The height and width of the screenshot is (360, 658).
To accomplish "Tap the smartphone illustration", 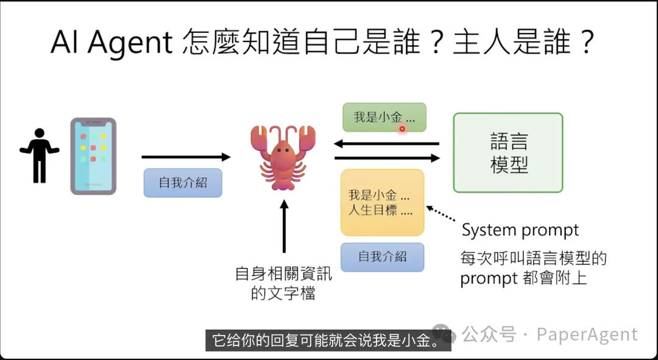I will coord(93,156).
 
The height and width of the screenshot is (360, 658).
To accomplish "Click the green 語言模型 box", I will coord(508,152).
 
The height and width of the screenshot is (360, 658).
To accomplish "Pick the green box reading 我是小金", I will coord(384,118).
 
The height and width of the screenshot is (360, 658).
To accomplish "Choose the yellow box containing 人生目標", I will coord(382,202).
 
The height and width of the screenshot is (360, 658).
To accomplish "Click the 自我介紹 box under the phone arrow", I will coord(183,182).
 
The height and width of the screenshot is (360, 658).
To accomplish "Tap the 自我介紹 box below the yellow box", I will coord(382,256).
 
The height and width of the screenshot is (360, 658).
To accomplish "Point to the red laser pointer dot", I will coord(402,129).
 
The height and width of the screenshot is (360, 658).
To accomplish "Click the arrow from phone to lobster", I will coord(186,157).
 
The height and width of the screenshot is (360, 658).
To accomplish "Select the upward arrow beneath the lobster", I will coord(284,225).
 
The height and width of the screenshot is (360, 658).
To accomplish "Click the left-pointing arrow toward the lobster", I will coord(386,144).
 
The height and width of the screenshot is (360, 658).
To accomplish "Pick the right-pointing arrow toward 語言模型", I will coord(386,158).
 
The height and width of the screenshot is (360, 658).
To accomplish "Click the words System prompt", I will coord(520,230).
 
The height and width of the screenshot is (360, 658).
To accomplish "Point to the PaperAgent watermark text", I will coord(587,334).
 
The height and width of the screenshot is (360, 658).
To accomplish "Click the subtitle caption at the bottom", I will coord(328,340).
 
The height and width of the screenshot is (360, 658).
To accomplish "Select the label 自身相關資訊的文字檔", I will coord(283,283).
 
